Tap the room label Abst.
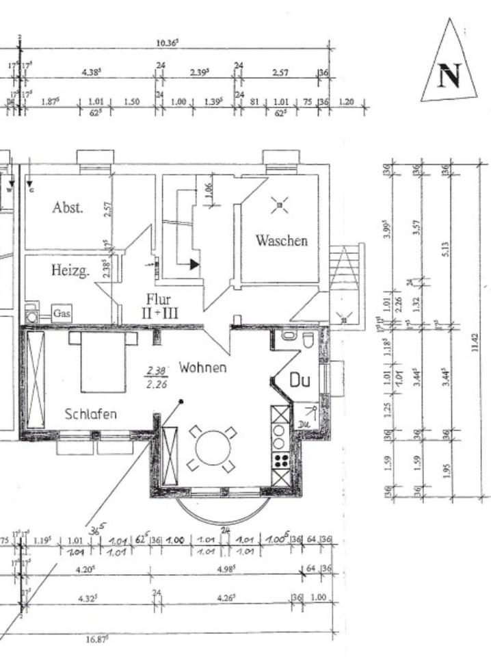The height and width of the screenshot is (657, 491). pyautogui.click(x=68, y=208)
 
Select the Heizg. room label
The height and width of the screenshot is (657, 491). pyautogui.click(x=70, y=271)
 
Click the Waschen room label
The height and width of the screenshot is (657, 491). pyautogui.click(x=281, y=240)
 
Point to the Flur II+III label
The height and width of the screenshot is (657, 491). pyautogui.click(x=158, y=305)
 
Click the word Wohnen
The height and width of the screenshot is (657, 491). pyautogui.click(x=202, y=368)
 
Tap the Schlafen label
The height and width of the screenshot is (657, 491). pyautogui.click(x=90, y=413)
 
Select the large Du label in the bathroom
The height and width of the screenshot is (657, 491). pyautogui.click(x=300, y=381)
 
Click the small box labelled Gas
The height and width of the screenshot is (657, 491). pyautogui.click(x=62, y=314)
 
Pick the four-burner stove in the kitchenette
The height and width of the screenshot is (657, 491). pyautogui.click(x=280, y=461)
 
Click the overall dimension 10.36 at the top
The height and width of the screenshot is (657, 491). pyautogui.click(x=168, y=42)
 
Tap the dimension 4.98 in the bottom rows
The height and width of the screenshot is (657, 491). pyautogui.click(x=226, y=569)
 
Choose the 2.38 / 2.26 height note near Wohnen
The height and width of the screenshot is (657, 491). pyautogui.click(x=157, y=378)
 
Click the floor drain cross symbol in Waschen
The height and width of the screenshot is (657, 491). pyautogui.click(x=279, y=203)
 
